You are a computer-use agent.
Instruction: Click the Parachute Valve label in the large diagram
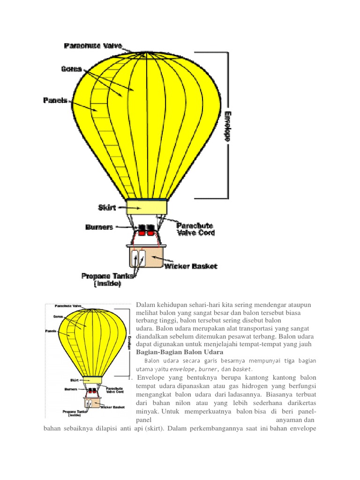(x=93, y=46)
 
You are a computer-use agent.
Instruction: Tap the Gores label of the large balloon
(x=71, y=69)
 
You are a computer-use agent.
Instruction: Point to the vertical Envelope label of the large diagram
(x=228, y=127)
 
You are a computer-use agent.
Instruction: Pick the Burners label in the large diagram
(x=99, y=227)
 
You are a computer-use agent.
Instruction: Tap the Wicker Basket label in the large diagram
(x=191, y=266)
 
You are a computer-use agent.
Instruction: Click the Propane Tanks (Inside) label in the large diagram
(x=107, y=279)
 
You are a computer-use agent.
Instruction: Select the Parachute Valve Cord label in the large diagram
(x=195, y=229)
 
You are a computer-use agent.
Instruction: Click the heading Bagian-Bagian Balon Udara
(x=180, y=352)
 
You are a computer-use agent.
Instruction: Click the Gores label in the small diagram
(x=59, y=317)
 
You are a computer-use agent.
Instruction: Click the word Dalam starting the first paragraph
(x=145, y=305)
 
